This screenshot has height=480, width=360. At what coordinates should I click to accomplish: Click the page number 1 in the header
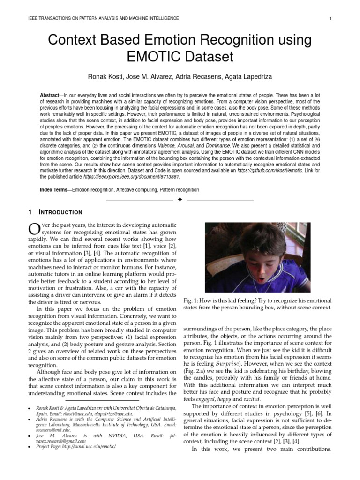(x=331, y=18)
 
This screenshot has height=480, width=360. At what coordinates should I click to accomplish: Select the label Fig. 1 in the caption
(x=189, y=300)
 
